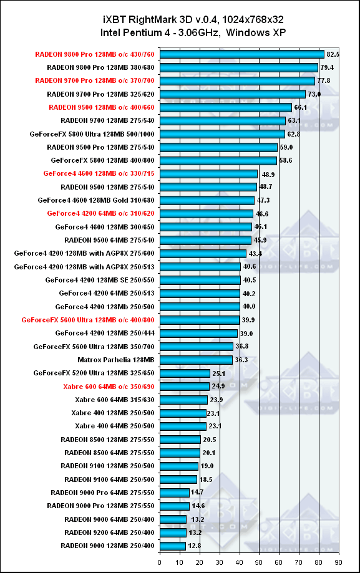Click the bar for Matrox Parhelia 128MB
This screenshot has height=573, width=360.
point(196,360)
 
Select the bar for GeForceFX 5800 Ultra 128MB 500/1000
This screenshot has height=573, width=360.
point(223,134)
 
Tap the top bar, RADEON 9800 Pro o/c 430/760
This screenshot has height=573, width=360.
point(242,54)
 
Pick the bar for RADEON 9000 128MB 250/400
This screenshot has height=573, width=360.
point(173,546)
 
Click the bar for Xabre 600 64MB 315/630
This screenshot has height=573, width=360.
point(183,400)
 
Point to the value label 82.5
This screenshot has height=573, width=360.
point(333,54)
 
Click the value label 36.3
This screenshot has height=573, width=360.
point(241,360)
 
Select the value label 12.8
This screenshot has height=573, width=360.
point(195,546)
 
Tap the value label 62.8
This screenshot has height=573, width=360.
point(294,134)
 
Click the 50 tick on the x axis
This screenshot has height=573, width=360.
point(259,562)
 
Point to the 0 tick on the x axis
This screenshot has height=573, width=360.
point(159,562)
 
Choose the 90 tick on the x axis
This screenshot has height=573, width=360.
point(338,562)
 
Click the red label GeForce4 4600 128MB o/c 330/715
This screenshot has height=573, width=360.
point(99,173)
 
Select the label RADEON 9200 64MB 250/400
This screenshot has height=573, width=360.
point(109,533)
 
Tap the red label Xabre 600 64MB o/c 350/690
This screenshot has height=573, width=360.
point(109,387)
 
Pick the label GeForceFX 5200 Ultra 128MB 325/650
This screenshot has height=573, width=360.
point(94,373)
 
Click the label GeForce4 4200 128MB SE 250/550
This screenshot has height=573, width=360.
point(100,281)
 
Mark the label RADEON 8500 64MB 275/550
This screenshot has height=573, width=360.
point(109,453)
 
